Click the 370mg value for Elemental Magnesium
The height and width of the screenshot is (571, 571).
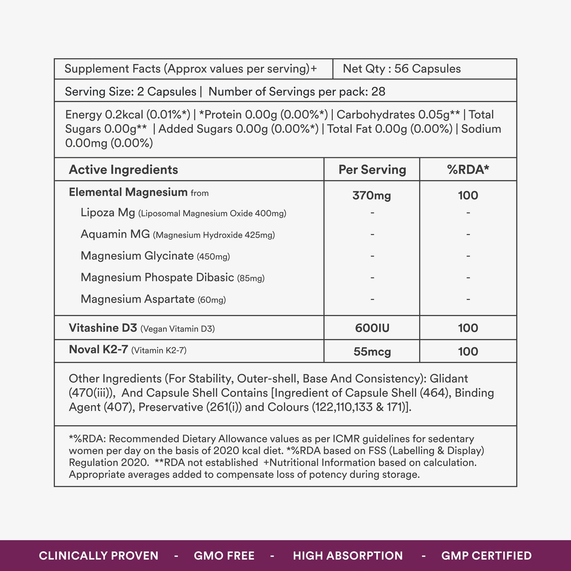[371, 195]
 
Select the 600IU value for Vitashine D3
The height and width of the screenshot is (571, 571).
[372, 328]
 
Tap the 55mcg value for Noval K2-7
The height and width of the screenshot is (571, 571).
[372, 351]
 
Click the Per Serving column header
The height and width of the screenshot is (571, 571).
[372, 170]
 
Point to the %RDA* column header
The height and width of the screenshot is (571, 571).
[468, 170]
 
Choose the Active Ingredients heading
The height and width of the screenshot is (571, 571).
[123, 170]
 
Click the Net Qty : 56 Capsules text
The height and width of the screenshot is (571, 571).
[401, 69]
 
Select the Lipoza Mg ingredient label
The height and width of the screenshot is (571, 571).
[108, 213]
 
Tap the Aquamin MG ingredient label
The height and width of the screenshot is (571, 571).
[115, 234]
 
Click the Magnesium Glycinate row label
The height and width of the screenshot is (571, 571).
[137, 256]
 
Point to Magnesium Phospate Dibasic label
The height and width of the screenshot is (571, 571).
[157, 277]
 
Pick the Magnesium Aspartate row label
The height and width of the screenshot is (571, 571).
[138, 299]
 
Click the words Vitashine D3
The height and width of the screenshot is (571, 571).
[103, 328]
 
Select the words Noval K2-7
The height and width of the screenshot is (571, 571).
[98, 350]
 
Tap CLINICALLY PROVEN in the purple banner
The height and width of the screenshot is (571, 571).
[98, 556]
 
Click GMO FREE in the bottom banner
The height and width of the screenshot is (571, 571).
[224, 556]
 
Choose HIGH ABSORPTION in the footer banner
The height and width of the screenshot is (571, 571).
[348, 556]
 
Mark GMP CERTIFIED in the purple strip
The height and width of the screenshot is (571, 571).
[486, 556]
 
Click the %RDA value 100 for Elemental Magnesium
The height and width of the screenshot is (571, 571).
[468, 195]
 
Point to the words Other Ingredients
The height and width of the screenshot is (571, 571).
[115, 379]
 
